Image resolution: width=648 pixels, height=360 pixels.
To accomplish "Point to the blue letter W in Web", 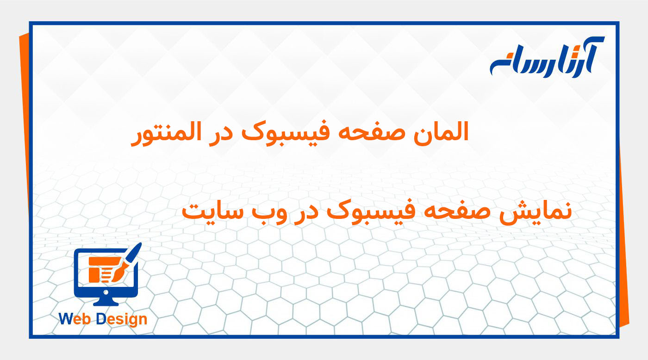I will (65, 319).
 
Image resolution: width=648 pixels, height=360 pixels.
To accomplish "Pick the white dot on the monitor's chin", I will (106, 292).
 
